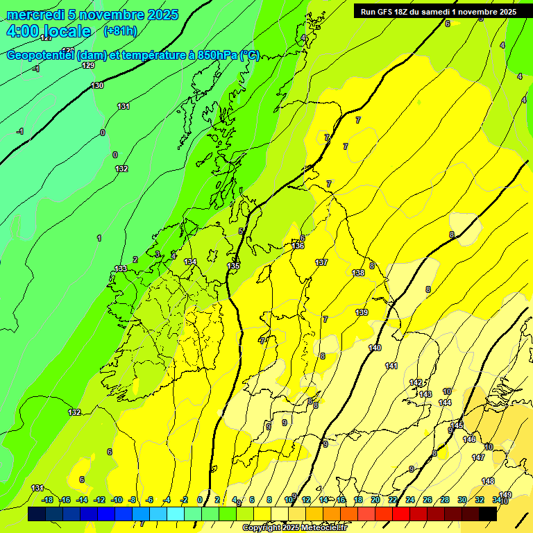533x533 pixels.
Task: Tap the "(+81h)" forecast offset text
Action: [119, 31]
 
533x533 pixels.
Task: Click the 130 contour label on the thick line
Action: [97, 85]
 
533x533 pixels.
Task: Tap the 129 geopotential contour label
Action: [88, 65]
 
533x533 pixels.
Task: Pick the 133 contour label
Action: [121, 269]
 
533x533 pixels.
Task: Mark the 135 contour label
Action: [234, 266]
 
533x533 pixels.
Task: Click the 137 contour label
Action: [321, 262]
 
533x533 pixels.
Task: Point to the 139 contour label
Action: [362, 313]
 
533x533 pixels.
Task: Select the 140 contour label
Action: [375, 348]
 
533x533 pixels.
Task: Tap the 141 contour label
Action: [391, 366]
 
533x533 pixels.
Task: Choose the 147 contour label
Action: [478, 457]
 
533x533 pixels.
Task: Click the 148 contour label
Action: [488, 481]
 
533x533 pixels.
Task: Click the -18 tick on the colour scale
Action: [47, 500]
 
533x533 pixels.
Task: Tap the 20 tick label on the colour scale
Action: [375, 500]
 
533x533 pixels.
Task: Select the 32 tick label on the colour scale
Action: [480, 500]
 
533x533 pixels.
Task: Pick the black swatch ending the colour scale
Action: [488, 514]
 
